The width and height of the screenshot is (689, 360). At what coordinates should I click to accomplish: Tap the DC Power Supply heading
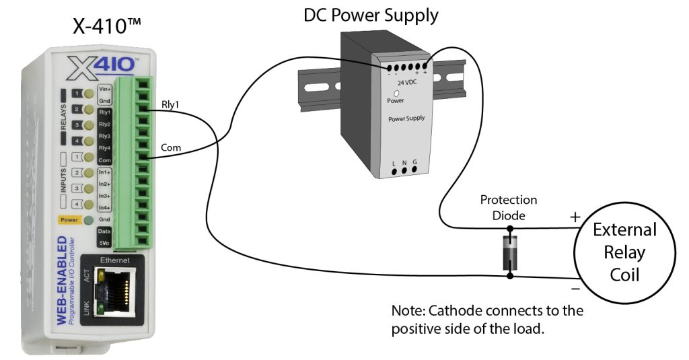coord(370,14)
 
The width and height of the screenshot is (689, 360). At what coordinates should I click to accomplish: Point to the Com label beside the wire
coord(170,147)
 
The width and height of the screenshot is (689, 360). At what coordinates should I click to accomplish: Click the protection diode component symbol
coord(511,254)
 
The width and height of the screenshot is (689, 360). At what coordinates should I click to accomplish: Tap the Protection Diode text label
coord(508,207)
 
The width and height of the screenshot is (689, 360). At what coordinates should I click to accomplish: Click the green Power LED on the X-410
coord(87,219)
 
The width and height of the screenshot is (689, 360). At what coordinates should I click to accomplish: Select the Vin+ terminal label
coord(104,89)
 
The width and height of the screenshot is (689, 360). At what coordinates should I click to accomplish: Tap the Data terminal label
coord(104,230)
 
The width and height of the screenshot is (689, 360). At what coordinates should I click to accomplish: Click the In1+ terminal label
coord(104,172)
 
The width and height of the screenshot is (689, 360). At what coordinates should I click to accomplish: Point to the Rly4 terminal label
coord(104,147)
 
